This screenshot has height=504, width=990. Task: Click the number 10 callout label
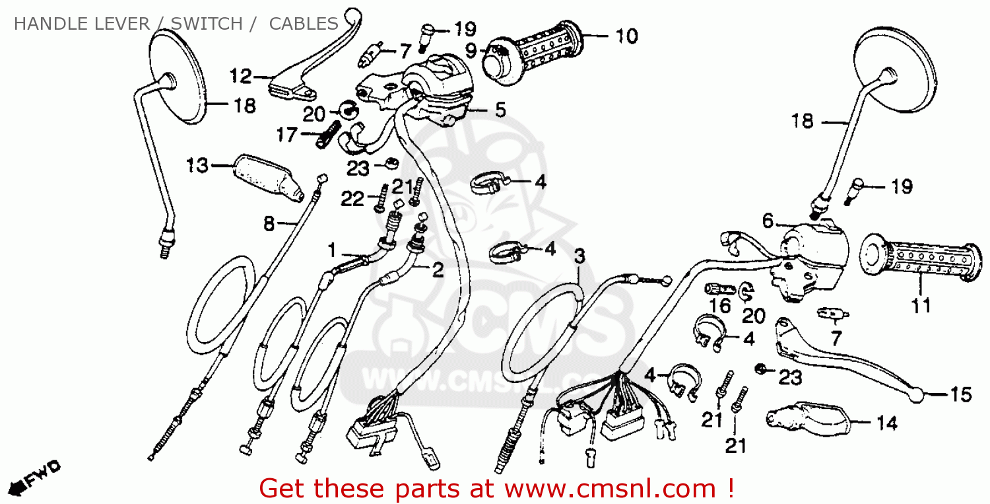tap(627, 36)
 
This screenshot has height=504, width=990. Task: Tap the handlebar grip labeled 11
tap(921, 262)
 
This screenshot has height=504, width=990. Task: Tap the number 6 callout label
tap(768, 221)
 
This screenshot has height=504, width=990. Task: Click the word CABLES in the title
tap(304, 24)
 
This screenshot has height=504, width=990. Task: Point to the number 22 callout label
tap(352, 199)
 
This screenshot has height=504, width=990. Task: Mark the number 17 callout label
tap(287, 135)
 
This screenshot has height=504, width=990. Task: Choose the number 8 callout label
tap(269, 224)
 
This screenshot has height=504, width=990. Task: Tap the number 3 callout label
tap(579, 256)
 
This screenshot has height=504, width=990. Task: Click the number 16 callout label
tap(720, 306)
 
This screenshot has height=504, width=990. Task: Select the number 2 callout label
tap(438, 270)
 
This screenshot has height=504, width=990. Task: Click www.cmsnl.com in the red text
tap(610, 489)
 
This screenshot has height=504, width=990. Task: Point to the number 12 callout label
tap(241, 76)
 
